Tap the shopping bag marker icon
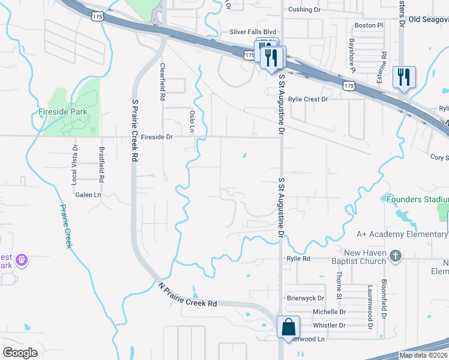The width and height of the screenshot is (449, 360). pyautogui.click(x=289, y=328)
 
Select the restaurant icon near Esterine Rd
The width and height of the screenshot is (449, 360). pyautogui.click(x=403, y=77)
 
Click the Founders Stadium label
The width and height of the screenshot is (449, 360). pyautogui.click(x=417, y=199)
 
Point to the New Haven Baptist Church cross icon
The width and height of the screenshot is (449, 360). pyautogui.click(x=395, y=256)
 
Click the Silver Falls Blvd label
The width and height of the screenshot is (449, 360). pyautogui.click(x=253, y=32)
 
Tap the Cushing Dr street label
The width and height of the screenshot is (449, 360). pyautogui.click(x=304, y=10)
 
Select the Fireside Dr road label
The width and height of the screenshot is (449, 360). pyautogui.click(x=157, y=137)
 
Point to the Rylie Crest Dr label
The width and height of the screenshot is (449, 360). pyautogui.click(x=308, y=99)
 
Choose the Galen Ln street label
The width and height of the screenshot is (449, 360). pyautogui.click(x=88, y=194)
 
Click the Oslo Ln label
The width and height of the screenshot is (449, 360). pyautogui.click(x=192, y=121)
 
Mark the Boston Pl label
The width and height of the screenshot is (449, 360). pyautogui.click(x=369, y=26)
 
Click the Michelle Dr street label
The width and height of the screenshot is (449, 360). pyautogui.click(x=329, y=311)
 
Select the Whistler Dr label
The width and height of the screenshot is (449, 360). pyautogui.click(x=330, y=325)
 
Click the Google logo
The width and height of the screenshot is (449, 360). pyautogui.click(x=20, y=353)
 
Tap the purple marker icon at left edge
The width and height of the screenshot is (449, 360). pyautogui.click(x=22, y=260)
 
